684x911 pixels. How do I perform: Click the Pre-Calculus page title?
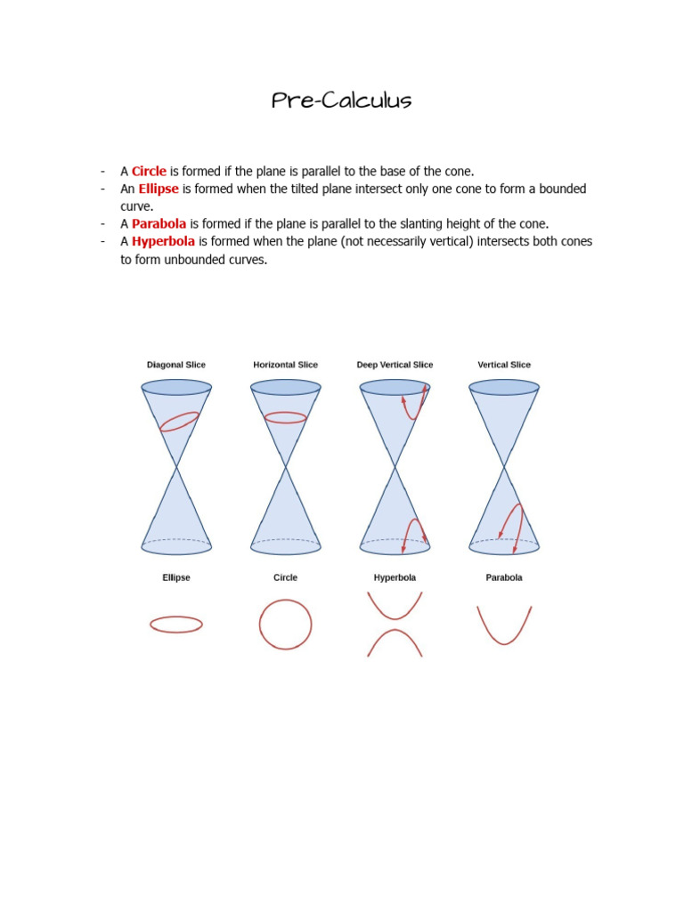point(341,101)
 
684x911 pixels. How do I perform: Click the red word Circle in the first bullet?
point(149,171)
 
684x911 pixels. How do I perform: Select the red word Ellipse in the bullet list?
point(159,189)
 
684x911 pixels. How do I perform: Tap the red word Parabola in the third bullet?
point(159,223)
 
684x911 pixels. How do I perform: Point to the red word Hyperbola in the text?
point(163,241)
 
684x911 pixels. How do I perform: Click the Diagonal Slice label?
point(176,365)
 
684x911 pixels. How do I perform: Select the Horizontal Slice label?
point(285,365)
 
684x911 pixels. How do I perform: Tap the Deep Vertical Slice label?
point(395,365)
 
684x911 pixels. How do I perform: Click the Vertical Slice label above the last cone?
point(504,365)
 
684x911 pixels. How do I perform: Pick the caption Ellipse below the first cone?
point(176,577)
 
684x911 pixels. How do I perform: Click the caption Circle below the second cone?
point(285,577)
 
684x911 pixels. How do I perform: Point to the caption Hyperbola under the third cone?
point(395,577)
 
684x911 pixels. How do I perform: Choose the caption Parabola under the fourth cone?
point(504,577)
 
